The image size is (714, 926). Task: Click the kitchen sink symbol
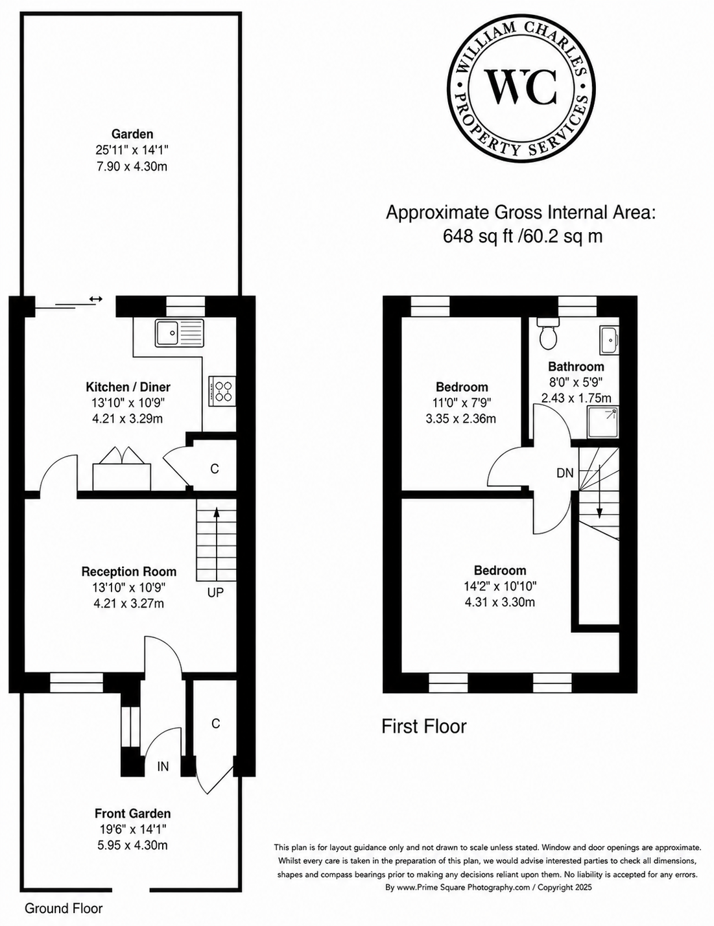point(180,333)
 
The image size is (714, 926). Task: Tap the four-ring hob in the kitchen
point(222,391)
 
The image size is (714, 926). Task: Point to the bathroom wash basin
point(610,340)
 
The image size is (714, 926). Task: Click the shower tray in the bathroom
point(603,423)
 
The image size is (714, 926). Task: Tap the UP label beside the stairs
point(215,592)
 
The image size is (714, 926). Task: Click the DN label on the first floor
point(565,473)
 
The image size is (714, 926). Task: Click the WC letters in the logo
point(521,88)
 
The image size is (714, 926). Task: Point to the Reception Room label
point(128,571)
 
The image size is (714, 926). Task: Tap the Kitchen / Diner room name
point(128,387)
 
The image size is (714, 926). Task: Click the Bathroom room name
point(576,366)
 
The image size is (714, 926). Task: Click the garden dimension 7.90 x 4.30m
point(132,166)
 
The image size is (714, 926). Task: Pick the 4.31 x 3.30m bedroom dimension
point(500,602)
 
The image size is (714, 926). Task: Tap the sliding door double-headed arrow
point(96,299)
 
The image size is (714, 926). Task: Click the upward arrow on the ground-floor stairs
point(217,541)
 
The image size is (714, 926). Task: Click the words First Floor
point(424,726)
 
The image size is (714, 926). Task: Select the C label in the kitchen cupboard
point(215,469)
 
